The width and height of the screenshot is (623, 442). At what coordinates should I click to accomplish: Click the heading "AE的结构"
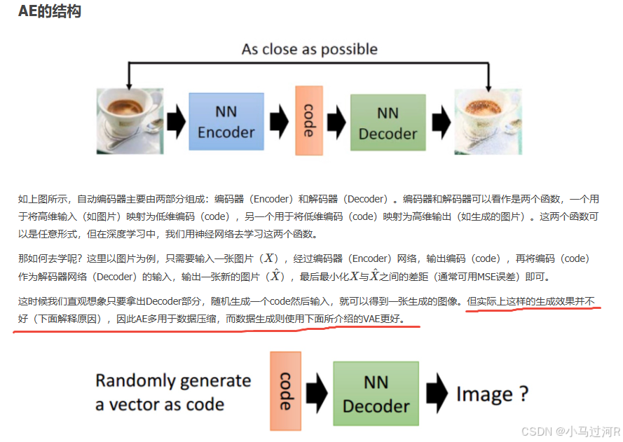[50, 12]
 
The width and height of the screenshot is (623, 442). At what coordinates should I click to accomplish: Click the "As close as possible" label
[309, 49]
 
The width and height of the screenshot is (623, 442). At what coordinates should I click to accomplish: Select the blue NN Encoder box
[226, 121]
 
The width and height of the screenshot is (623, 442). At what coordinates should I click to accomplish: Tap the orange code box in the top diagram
[308, 120]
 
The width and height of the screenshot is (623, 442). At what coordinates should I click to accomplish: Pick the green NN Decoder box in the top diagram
[388, 123]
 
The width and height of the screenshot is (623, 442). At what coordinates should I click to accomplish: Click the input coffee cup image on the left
[130, 120]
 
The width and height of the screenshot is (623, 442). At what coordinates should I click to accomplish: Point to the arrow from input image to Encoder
[177, 121]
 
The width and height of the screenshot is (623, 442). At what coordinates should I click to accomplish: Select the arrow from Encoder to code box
[279, 121]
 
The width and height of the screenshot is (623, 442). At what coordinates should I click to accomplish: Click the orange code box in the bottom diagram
[285, 391]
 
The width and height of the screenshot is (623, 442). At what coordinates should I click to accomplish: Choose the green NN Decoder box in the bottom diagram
[376, 394]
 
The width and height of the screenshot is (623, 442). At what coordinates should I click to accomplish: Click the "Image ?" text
[492, 394]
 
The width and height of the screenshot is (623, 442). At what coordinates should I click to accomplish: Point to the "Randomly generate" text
[173, 381]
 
